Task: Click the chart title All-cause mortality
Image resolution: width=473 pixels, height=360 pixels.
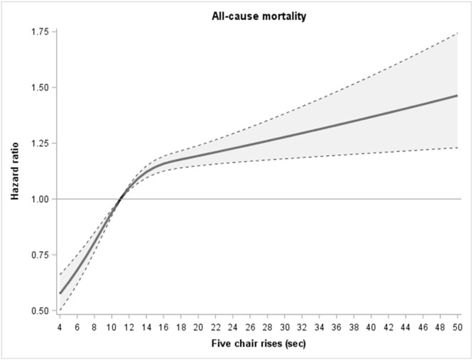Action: pos(255,16)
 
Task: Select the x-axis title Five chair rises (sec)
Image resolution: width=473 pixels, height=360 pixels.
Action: pos(259,343)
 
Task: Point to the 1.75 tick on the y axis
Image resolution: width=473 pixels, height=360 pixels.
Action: pos(40,32)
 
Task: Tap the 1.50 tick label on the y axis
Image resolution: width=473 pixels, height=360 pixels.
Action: pos(40,87)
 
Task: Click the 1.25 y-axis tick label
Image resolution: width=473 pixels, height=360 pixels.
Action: pos(40,143)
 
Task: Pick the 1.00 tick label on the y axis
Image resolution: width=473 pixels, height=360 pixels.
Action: pos(40,199)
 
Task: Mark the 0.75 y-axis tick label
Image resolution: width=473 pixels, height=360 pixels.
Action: pos(40,255)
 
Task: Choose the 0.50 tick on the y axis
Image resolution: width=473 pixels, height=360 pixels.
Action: pos(40,311)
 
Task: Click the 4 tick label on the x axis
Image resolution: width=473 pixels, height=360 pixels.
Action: pos(60,327)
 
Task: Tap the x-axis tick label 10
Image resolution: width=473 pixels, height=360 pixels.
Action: pos(112,327)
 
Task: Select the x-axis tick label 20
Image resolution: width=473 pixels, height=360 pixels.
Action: pos(199,327)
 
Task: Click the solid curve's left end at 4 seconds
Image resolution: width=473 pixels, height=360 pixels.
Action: pos(60,293)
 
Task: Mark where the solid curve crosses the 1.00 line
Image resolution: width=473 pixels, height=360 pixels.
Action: pos(121,199)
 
